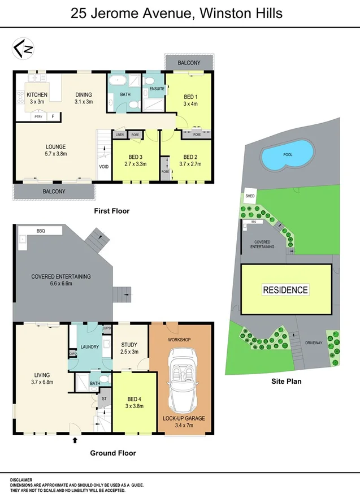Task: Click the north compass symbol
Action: point(23,49)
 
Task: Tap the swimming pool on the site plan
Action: point(288,154)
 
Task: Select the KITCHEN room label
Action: point(37,94)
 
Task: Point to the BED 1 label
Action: point(191,97)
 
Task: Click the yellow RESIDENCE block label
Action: point(285,290)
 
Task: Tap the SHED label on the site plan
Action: point(250,196)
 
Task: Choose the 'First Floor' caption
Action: point(111,211)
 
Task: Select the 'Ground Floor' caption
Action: point(113,453)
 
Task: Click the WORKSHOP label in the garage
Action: point(180,339)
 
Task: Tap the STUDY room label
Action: point(130,344)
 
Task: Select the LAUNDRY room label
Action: point(90,346)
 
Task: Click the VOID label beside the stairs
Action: point(103,167)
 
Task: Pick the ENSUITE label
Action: point(157,89)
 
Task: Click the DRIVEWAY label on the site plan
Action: point(314,343)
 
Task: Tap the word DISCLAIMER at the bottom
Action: point(21,479)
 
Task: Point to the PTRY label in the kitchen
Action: point(38,116)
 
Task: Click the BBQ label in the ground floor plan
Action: point(41,231)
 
